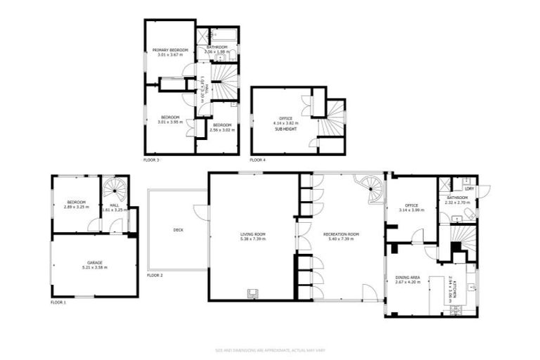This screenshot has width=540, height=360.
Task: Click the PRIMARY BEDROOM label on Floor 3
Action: (x=169, y=50)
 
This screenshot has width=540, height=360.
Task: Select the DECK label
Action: (x=178, y=229)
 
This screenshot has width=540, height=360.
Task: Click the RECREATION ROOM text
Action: (x=341, y=233)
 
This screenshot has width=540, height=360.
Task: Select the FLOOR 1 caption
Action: (x=58, y=302)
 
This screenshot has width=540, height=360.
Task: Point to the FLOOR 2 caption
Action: (x=155, y=275)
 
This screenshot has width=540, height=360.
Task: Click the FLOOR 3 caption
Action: (x=151, y=160)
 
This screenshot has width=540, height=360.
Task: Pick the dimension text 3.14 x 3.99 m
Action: (x=411, y=210)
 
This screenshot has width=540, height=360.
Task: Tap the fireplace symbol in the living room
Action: (x=252, y=292)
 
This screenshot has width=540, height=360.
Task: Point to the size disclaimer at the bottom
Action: (x=270, y=349)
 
